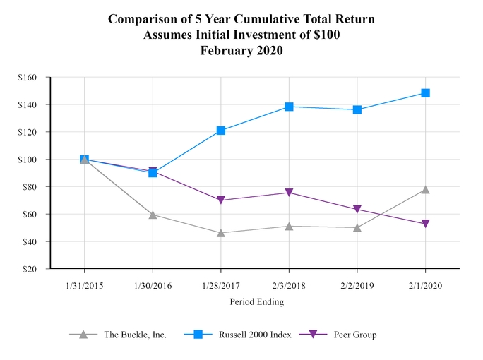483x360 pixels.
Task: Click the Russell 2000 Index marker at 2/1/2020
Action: (x=425, y=93)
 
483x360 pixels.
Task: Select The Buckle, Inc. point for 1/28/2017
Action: (x=221, y=232)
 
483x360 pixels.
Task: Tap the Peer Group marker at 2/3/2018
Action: (x=289, y=193)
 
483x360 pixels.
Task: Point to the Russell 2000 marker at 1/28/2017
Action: (x=221, y=131)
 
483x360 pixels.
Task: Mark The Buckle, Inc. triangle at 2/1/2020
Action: (x=425, y=189)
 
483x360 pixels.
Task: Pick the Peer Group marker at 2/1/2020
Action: (x=425, y=224)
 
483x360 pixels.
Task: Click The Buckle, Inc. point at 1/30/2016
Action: (x=153, y=215)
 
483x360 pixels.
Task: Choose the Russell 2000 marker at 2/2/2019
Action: (x=357, y=109)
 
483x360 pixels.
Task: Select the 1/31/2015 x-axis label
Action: (x=85, y=287)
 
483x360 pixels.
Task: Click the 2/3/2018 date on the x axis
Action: (x=289, y=287)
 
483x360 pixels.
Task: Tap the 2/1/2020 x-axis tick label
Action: (x=425, y=287)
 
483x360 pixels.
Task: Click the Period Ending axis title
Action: (x=256, y=301)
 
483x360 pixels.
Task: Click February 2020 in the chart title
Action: (x=241, y=50)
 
